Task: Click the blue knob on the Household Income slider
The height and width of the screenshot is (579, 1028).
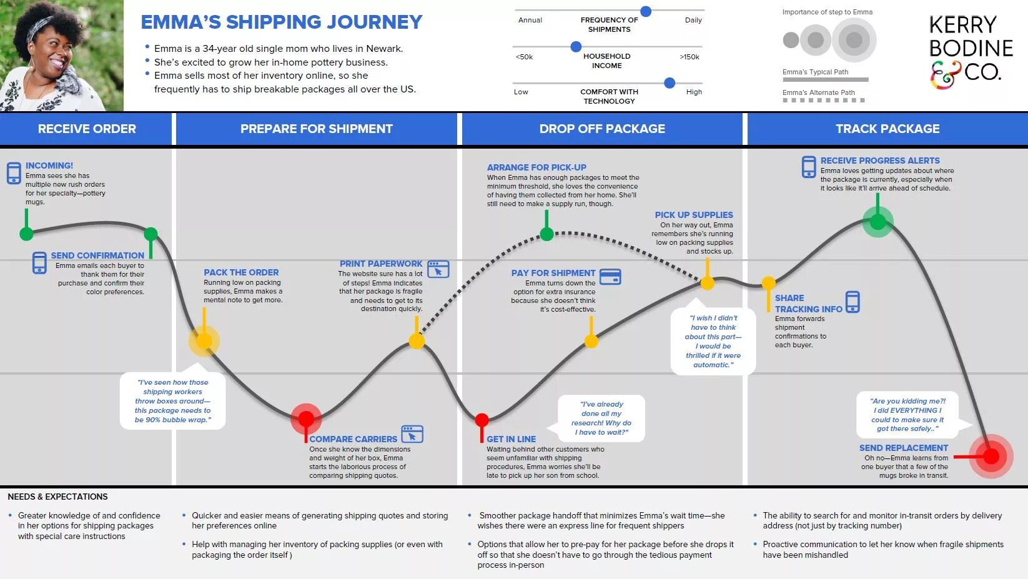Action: [x=576, y=47]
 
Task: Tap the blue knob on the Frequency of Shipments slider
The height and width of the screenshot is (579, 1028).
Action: [x=646, y=11]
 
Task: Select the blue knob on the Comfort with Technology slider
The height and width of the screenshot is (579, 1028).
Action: [x=670, y=82]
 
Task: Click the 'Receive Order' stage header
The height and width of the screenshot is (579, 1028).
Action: [x=87, y=129]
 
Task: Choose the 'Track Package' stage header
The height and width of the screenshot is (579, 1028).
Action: [x=887, y=129]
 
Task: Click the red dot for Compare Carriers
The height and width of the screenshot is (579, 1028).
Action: [x=306, y=418]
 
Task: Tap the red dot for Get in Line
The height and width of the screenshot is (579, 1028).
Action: [x=482, y=419]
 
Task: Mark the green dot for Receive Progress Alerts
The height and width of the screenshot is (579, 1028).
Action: [x=877, y=221]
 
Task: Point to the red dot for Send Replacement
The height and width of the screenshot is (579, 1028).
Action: [x=991, y=457]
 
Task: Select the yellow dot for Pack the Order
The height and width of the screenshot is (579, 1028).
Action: [x=204, y=341]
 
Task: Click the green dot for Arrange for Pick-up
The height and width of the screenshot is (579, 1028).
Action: [x=546, y=234]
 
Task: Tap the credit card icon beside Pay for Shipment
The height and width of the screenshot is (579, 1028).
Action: [x=610, y=276]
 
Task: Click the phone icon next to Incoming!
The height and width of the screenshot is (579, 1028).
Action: [x=14, y=173]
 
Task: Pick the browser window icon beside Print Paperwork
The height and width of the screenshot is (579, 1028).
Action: [x=438, y=269]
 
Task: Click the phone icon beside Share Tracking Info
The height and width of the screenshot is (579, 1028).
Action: [x=853, y=302]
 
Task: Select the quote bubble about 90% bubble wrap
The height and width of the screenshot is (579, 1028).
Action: [x=173, y=401]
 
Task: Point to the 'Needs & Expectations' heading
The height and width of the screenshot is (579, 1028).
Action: [x=57, y=497]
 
